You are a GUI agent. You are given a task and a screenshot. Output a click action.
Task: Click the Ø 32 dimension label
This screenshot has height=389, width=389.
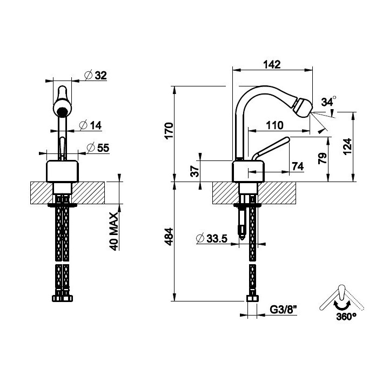96,75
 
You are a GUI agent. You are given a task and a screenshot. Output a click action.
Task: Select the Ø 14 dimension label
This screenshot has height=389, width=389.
90,125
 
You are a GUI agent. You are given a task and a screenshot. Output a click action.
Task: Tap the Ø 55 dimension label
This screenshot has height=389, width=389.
98,148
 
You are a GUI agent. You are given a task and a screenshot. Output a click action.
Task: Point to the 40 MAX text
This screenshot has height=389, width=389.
114,231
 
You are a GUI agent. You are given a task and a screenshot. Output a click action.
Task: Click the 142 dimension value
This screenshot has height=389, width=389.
272,64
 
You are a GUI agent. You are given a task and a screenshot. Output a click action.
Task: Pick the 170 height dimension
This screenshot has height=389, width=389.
169,131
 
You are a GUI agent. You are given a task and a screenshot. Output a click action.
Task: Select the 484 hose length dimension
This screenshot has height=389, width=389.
169,237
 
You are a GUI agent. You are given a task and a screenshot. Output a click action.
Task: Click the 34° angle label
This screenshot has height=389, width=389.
328,101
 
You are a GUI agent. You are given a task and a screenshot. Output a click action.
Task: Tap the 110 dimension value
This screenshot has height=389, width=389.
274,125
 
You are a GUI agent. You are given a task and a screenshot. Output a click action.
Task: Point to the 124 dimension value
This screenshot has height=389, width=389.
347,146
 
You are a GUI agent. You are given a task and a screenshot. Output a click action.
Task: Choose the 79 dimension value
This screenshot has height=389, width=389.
323,158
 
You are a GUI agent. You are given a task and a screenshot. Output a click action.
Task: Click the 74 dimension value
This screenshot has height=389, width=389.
298,166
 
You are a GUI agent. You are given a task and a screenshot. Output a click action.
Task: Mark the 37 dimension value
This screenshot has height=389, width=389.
195,171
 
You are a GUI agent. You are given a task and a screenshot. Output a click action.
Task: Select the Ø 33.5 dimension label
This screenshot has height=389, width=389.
212,238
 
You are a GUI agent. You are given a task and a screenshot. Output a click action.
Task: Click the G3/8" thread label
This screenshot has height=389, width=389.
283,310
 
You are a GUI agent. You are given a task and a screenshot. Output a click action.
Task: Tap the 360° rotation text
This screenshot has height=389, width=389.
346,317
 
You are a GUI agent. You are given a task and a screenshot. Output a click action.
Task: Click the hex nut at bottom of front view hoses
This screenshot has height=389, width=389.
63,298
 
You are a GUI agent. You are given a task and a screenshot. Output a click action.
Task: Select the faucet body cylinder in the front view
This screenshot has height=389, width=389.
63,171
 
